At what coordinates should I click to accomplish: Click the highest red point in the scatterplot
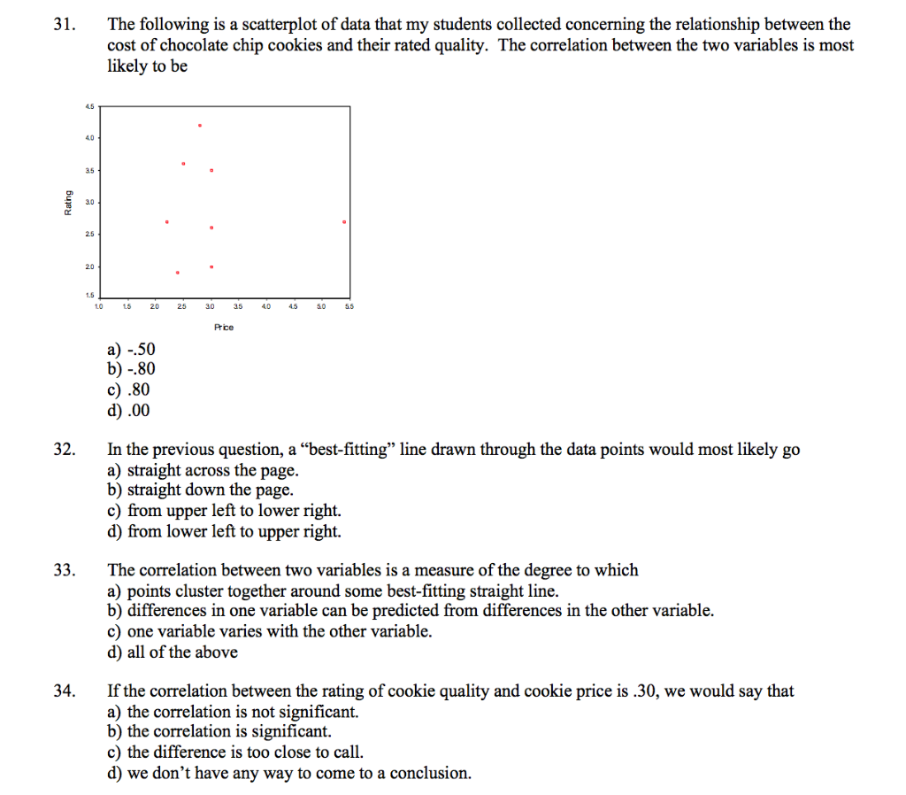(x=200, y=126)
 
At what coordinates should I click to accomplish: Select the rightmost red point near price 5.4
(x=343, y=222)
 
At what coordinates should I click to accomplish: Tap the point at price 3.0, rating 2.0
(x=211, y=266)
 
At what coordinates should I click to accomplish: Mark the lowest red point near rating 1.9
(x=178, y=273)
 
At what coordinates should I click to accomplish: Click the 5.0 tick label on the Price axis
(x=321, y=307)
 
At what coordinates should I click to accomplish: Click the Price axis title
(x=224, y=327)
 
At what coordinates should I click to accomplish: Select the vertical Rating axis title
(x=68, y=203)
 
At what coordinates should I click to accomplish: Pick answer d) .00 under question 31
(x=129, y=410)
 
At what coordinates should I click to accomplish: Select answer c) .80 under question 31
(x=129, y=390)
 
